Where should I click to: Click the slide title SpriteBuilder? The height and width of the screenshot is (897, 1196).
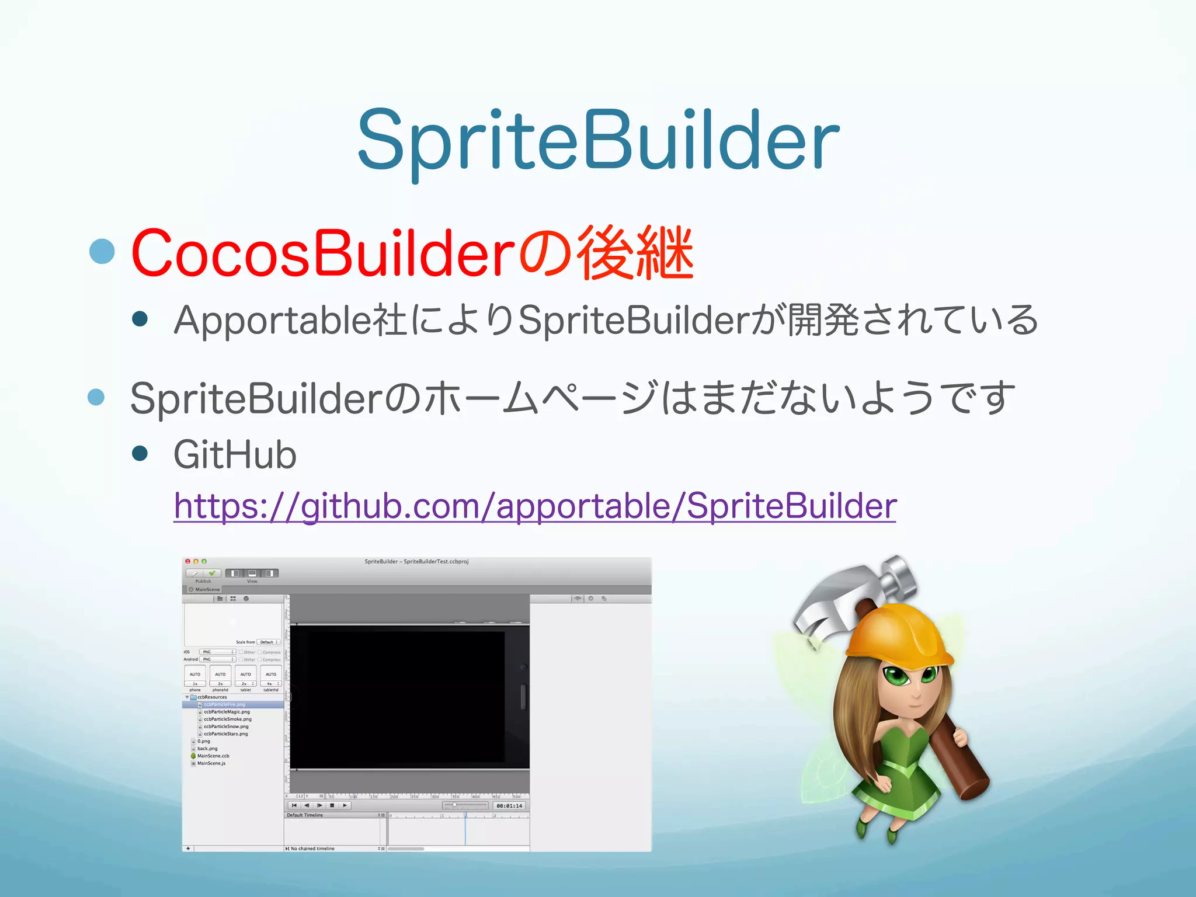point(598,140)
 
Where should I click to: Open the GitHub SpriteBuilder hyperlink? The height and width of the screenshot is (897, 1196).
point(534,506)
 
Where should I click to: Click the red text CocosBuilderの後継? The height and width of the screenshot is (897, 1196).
point(412,253)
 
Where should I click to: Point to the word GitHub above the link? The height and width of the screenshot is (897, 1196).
point(235,455)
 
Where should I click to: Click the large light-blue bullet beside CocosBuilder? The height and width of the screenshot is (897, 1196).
point(103,251)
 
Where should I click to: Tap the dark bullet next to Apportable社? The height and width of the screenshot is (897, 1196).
point(140,318)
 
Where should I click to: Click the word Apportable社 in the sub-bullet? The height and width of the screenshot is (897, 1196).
point(290,320)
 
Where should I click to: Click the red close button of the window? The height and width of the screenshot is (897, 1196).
point(187,561)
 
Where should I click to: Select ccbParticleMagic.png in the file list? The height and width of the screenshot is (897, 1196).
point(227,712)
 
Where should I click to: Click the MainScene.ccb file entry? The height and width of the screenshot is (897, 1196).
point(213,756)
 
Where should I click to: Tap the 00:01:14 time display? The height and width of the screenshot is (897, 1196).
point(509,806)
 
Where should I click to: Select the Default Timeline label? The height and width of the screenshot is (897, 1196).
point(305,815)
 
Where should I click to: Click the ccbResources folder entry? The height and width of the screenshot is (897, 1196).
point(212,697)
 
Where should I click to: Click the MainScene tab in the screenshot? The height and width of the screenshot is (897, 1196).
point(207,589)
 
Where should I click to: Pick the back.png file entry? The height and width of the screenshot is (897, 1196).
point(207,749)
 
